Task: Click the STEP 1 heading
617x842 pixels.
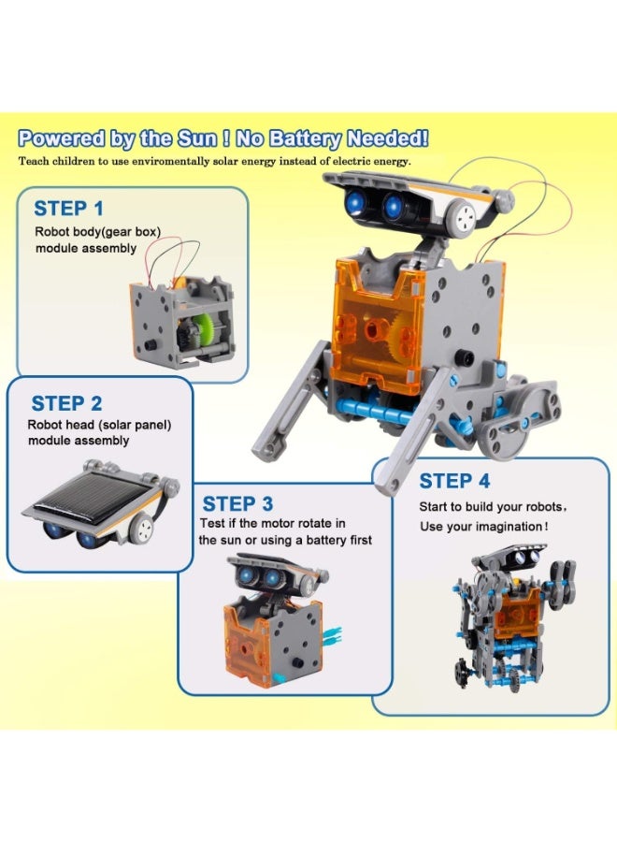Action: [68, 209]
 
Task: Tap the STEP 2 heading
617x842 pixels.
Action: [66, 403]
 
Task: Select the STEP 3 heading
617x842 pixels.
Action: [237, 503]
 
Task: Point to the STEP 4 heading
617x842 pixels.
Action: [454, 481]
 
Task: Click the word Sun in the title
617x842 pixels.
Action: [197, 138]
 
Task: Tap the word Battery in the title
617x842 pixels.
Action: [305, 139]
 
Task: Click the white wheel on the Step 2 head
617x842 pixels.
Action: [142, 529]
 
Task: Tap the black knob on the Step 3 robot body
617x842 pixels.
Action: [296, 662]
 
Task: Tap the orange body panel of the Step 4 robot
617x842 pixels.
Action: [517, 612]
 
